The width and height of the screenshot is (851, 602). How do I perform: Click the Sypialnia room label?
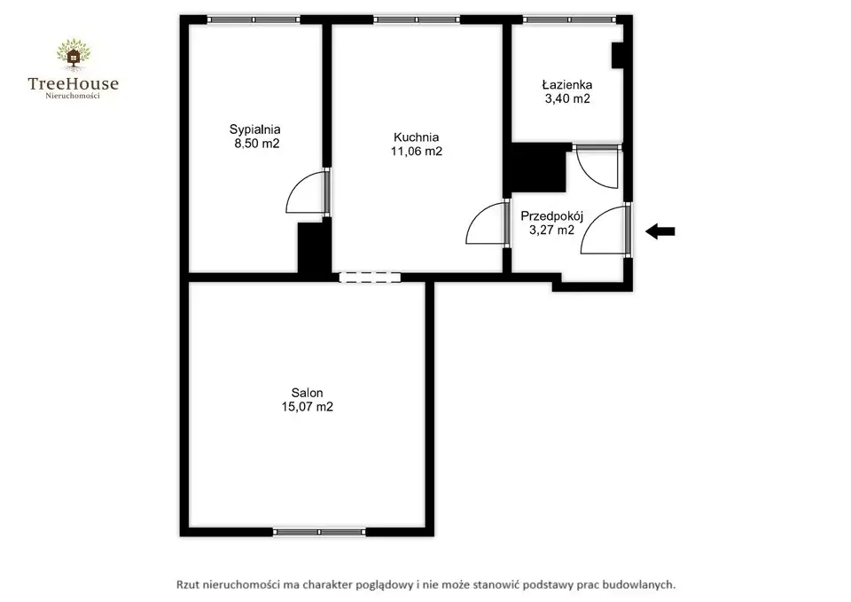[254, 129]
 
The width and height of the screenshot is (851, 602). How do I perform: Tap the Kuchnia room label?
[417, 137]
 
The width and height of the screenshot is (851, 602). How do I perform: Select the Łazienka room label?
[567, 85]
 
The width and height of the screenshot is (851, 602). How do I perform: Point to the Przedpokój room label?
[552, 216]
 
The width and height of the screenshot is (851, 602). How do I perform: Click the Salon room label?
[308, 393]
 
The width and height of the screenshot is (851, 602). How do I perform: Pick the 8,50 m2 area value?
[257, 144]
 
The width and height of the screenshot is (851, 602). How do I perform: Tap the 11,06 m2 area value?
[417, 152]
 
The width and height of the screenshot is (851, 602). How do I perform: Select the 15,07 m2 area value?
[308, 407]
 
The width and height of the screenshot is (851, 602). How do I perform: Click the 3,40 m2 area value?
[567, 98]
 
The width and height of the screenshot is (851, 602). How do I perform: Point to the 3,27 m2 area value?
[552, 231]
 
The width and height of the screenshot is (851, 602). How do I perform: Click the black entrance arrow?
[660, 231]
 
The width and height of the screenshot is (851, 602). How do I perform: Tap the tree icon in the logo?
[74, 54]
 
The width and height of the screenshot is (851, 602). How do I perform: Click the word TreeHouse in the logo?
[74, 83]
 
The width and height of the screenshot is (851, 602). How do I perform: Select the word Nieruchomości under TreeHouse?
[73, 96]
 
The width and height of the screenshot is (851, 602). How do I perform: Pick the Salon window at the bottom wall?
[318, 532]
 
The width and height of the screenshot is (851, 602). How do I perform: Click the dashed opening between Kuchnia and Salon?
[370, 278]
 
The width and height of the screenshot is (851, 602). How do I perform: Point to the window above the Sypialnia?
[254, 20]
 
